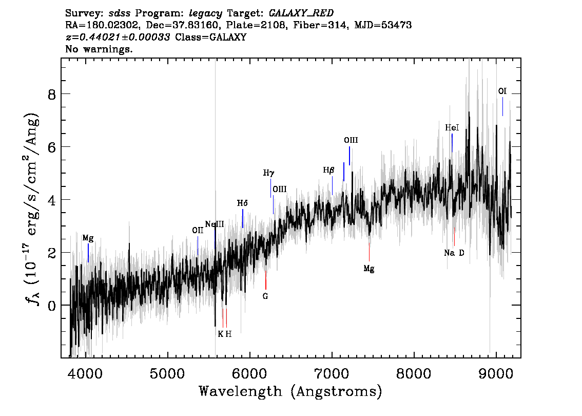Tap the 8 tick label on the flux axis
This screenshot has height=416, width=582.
point(52,94)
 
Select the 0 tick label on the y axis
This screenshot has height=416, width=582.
point(52,305)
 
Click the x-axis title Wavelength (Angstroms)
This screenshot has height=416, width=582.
point(290,391)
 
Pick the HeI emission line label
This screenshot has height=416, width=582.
point(452,128)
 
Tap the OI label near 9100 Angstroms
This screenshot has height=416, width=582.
point(502,91)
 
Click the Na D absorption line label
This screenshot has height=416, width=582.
point(454,253)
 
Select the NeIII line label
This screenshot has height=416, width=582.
point(215,224)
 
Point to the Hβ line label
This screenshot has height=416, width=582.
point(328,171)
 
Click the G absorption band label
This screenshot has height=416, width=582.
point(265,296)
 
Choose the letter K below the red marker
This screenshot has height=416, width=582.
point(221,334)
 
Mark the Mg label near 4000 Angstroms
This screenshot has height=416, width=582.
point(88,238)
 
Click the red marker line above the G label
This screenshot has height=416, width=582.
point(266,280)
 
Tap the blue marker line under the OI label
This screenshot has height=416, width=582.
point(502,107)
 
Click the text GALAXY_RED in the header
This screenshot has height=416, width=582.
point(301,13)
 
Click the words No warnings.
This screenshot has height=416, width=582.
point(99,49)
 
